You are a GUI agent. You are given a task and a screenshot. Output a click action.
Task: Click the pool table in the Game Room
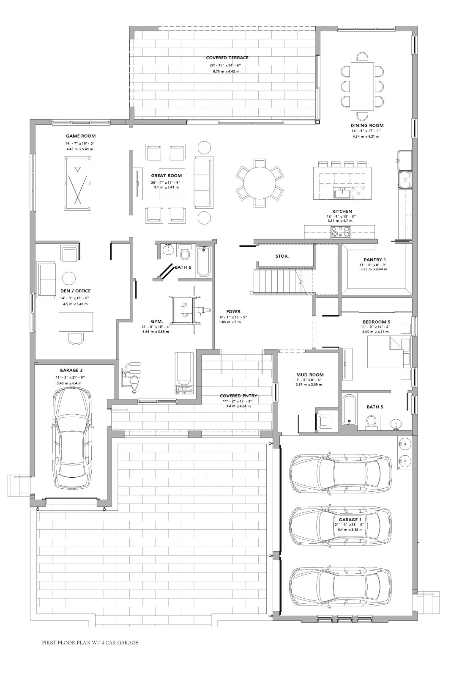(77, 183)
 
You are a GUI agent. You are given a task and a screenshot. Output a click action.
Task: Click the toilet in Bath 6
(185, 251)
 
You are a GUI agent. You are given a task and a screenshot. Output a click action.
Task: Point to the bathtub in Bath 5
(350, 410)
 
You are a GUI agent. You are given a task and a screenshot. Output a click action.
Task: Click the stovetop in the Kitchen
(340, 232)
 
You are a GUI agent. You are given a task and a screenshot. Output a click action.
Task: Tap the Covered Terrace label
(227, 58)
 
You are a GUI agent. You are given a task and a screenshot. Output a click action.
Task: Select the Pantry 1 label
(374, 260)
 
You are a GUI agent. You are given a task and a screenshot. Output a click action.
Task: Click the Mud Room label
(310, 375)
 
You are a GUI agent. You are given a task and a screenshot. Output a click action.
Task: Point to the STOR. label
(282, 256)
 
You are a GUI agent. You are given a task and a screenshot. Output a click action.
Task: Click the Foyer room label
(233, 311)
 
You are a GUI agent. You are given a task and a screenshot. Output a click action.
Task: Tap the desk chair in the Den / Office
(76, 338)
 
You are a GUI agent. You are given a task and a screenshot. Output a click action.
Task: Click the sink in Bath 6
(167, 250)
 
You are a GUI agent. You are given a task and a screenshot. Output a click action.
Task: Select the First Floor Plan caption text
(90, 642)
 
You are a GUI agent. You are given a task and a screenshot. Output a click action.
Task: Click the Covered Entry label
(238, 396)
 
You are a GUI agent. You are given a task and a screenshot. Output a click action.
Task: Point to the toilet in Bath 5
(371, 422)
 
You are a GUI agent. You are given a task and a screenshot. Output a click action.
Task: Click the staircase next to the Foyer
(284, 281)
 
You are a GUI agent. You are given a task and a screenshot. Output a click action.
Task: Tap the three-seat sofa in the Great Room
(204, 182)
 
